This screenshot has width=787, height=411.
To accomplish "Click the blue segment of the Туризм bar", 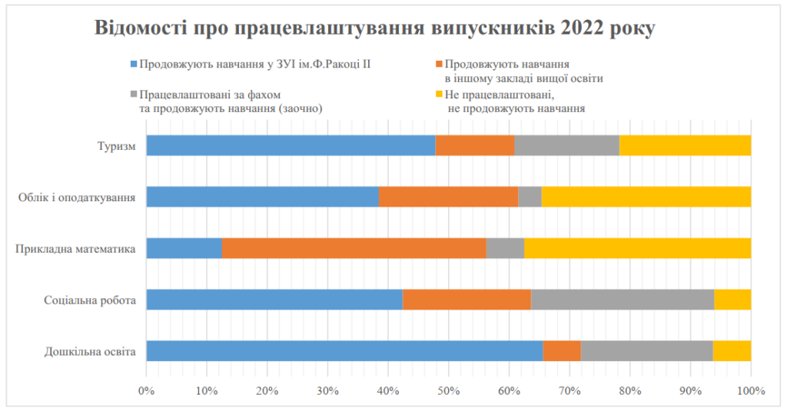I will [291, 145].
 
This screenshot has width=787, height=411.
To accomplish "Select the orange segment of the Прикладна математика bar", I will [354, 248].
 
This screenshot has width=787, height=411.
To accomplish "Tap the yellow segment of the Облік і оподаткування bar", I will [646, 197].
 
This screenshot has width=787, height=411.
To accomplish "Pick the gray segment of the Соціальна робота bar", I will [623, 300].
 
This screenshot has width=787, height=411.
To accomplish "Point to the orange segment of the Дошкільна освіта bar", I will [562, 351].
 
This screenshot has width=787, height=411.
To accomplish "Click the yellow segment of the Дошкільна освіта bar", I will [732, 351].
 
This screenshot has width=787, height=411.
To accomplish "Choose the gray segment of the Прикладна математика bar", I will [505, 248].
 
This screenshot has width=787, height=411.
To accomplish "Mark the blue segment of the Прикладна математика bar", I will [184, 248].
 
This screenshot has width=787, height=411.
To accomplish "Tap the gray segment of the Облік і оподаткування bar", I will [530, 197].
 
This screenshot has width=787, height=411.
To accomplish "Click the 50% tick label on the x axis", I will [448, 392].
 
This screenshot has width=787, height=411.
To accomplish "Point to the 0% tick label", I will [146, 392].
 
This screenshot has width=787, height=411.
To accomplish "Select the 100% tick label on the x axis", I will [751, 392].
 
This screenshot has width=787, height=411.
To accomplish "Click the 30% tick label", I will [327, 392].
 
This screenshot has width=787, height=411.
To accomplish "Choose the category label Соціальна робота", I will [91, 300].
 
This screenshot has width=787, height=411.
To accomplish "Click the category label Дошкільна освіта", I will [90, 352].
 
